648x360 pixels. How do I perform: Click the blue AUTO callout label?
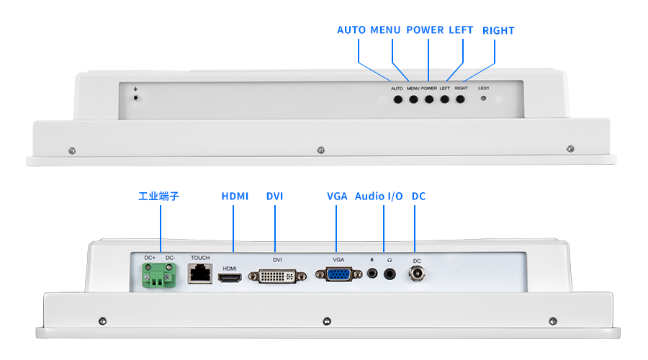(x=351, y=30)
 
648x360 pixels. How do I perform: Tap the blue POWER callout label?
(x=425, y=30)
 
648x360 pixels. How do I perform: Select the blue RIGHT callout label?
(x=498, y=30)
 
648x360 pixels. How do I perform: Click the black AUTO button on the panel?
(x=397, y=99)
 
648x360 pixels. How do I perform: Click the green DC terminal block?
(x=160, y=275)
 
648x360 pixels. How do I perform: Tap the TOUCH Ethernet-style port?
(x=199, y=273)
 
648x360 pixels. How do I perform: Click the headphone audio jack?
(x=390, y=274)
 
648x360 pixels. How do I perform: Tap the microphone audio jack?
(x=372, y=274)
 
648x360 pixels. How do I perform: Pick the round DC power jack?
(x=416, y=274)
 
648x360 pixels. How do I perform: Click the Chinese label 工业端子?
(x=158, y=196)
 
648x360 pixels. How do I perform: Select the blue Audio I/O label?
(x=379, y=196)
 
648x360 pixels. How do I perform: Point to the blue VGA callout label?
(x=337, y=196)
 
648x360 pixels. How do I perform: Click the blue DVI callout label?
(x=274, y=196)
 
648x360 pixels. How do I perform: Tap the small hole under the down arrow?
(x=136, y=96)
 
